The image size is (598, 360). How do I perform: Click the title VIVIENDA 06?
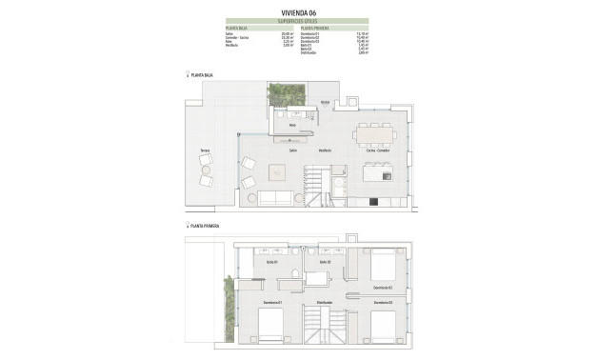pyautogui.click(x=298, y=11)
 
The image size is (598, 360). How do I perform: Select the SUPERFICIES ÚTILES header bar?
pyautogui.click(x=298, y=21)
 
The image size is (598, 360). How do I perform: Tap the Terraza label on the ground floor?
pyautogui.click(x=205, y=150)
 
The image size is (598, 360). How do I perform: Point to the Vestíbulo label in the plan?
pyautogui.click(x=325, y=150)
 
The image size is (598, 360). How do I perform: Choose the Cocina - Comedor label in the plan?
pyautogui.click(x=377, y=150)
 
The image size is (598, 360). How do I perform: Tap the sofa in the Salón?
pyautogui.click(x=276, y=197)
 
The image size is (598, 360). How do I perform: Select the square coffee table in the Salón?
pyautogui.click(x=278, y=171)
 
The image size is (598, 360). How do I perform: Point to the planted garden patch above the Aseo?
pyautogui.click(x=284, y=93)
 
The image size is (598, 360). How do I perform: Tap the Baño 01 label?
pyautogui.click(x=271, y=261)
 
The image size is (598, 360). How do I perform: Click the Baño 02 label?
pyautogui.click(x=324, y=261)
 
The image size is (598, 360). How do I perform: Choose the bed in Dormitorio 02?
pyautogui.click(x=383, y=264)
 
